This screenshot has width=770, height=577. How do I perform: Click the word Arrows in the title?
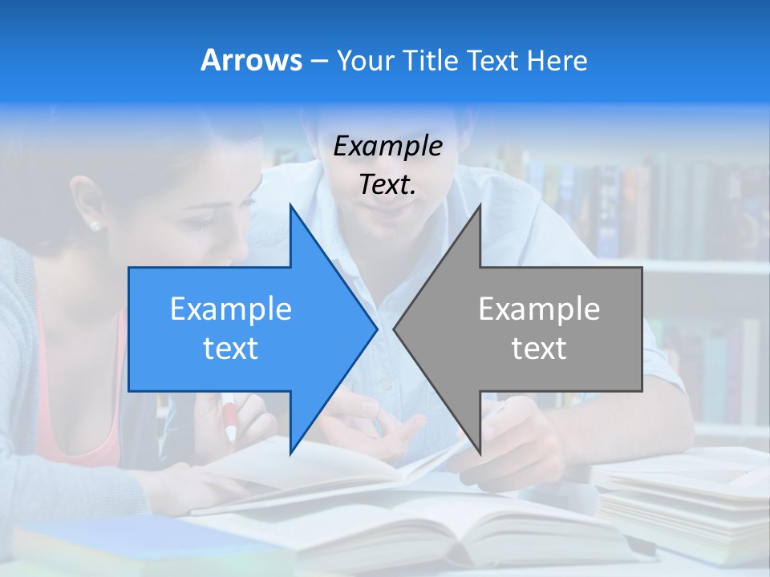coord(251,60)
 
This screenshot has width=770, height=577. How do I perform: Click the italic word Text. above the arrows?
coord(387,184)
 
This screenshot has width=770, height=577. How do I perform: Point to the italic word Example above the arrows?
coord(387,146)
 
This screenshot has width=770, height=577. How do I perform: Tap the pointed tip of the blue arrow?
coord(375,328)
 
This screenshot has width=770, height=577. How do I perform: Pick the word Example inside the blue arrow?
coord(231,309)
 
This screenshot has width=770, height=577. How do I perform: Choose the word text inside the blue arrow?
coord(231,349)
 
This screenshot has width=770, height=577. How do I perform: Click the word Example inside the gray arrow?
coord(539,309)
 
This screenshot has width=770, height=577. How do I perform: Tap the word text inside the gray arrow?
coord(539,349)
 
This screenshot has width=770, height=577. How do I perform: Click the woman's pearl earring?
coord(95,225)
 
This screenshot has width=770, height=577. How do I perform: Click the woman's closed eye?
coord(201,226)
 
